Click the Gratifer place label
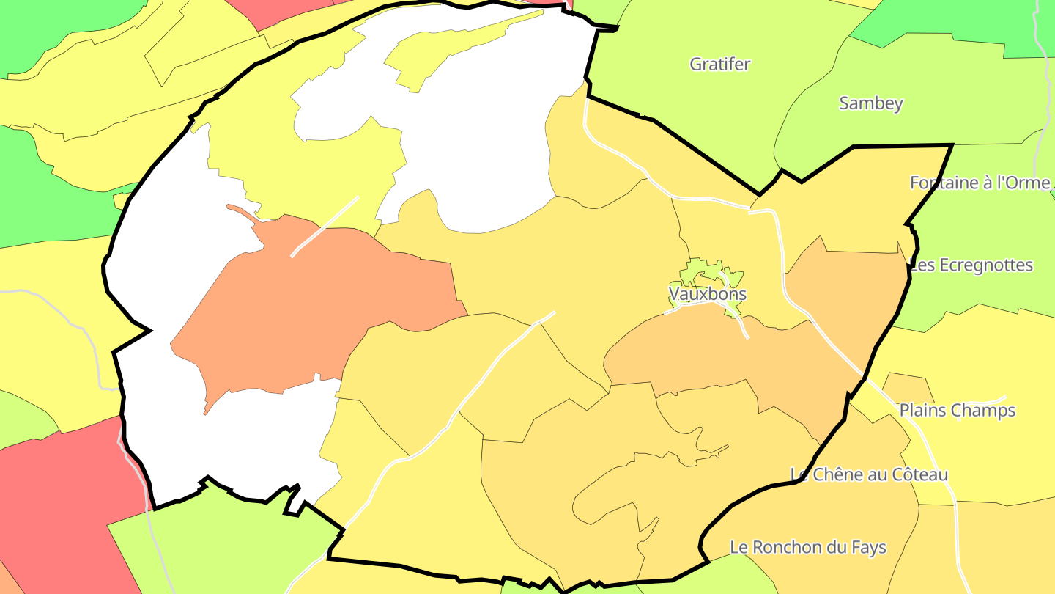(720, 65)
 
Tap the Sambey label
(870, 103)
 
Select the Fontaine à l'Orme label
(980, 183)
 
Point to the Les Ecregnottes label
(971, 265)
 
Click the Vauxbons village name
(707, 294)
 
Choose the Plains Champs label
(957, 411)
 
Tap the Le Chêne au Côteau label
(869, 475)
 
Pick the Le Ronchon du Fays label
(808, 548)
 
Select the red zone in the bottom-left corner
(59, 499)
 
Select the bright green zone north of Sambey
(952, 22)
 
